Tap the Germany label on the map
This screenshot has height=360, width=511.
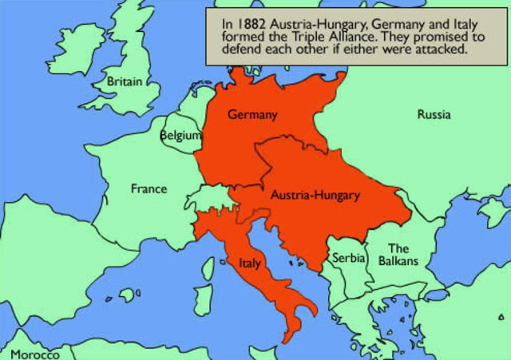pos(252,115)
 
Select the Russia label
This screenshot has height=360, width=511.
pos(434,115)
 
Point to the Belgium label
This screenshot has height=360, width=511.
pos(181,136)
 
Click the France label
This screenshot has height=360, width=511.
pos(149,189)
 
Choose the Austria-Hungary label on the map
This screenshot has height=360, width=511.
pos(315,195)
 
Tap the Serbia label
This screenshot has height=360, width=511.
pos(348,259)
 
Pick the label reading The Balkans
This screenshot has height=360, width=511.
pos(398,255)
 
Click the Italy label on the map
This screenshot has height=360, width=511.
pos(250,261)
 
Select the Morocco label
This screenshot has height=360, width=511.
pos(34,354)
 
